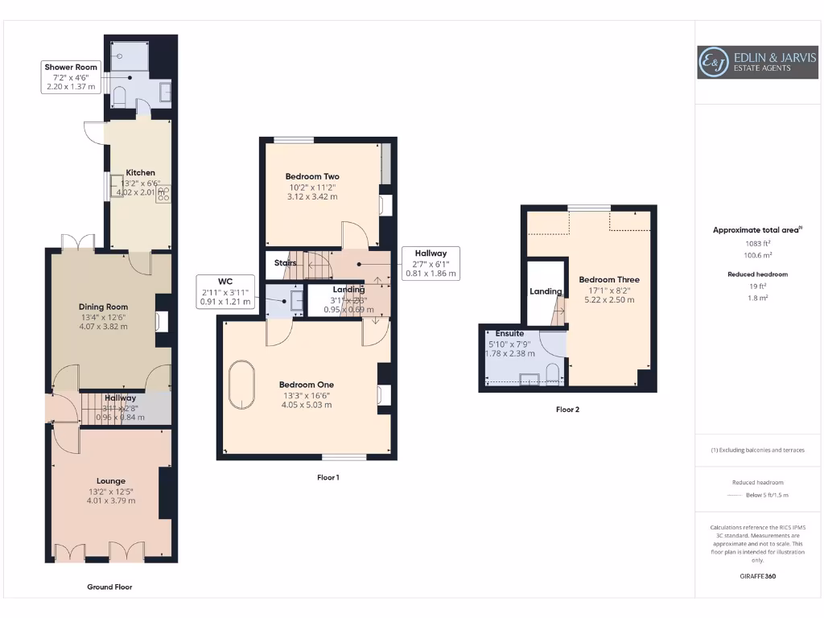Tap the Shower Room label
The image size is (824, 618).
[70, 68]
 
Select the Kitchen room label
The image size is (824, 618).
[140, 172]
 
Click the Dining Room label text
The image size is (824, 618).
[103, 307]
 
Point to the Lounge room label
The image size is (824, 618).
[111, 481]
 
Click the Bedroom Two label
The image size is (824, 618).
[312, 176]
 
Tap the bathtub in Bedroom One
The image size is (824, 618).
[242, 388]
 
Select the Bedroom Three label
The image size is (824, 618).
[608, 280]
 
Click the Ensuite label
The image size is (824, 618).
[509, 333]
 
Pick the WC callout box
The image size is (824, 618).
[225, 291]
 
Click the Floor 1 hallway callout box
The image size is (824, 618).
[431, 262]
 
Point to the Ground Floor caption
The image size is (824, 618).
[109, 587]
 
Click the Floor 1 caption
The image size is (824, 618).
[328, 477]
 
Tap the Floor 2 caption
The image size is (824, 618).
[567, 410]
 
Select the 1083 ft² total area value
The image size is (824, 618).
[756, 243]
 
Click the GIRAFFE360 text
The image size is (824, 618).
[756, 576]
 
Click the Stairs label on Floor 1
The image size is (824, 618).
[285, 262]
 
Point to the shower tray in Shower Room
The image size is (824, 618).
[124, 55]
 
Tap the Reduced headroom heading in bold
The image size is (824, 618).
[756, 274]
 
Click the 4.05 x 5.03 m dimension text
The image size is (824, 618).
[306, 405]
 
